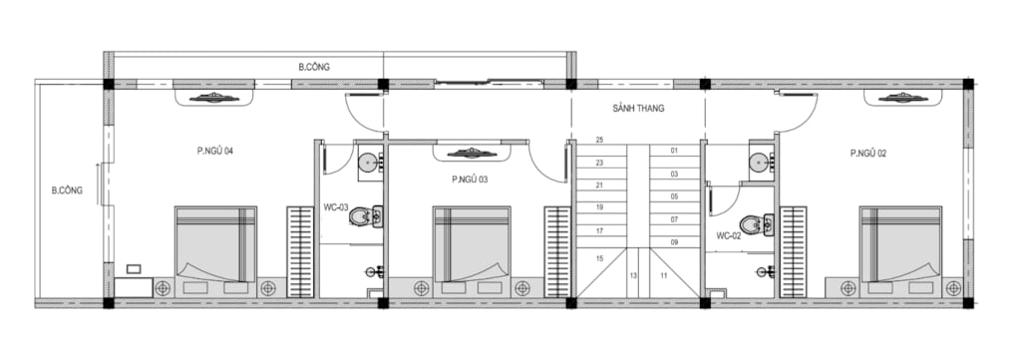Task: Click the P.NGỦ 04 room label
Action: (215, 151)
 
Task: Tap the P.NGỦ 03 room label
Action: (470, 180)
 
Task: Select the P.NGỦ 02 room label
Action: (868, 154)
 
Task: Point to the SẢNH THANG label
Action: (638, 109)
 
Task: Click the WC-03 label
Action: (336, 208)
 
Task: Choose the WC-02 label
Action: (729, 235)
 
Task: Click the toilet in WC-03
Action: (366, 216)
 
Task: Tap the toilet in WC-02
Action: (757, 224)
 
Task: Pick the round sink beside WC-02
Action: (759, 163)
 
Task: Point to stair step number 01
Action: (674, 151)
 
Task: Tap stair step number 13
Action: (633, 275)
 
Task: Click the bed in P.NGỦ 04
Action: (215, 244)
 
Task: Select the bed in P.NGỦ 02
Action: (900, 244)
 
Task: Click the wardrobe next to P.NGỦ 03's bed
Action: (557, 252)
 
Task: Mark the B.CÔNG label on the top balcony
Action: (314, 67)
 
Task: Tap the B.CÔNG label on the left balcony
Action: (67, 190)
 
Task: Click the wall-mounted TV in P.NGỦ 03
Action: (472, 153)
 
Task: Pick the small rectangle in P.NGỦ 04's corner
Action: (134, 269)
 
